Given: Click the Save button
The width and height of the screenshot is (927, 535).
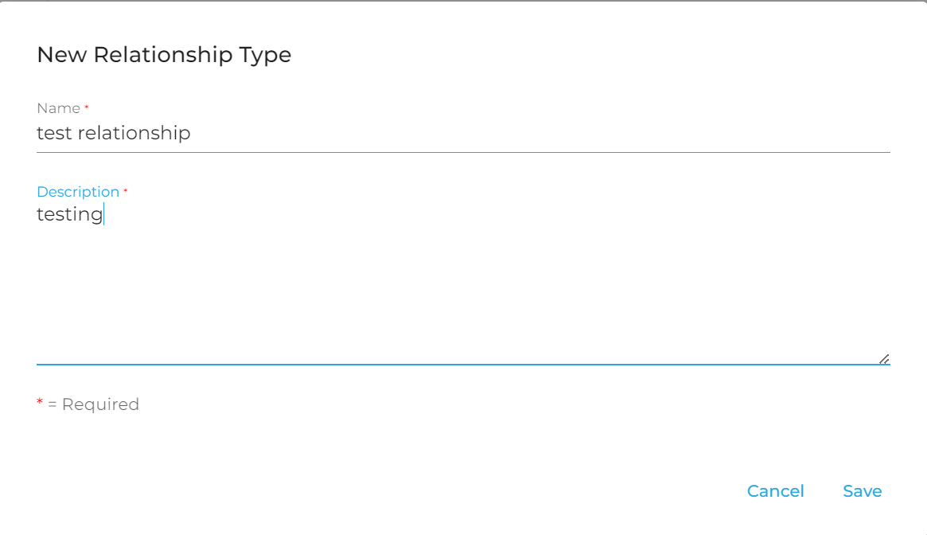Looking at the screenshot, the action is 862,491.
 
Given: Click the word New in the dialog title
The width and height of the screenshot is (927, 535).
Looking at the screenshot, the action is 62,55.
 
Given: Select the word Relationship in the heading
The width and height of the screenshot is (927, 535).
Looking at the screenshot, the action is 163,55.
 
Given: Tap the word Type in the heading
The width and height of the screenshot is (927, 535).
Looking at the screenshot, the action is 266,56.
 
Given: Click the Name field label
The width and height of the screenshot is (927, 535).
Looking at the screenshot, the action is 59,108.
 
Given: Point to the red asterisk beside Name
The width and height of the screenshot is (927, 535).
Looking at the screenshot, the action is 86,107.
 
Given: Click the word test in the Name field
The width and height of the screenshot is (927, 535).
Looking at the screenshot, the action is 54,133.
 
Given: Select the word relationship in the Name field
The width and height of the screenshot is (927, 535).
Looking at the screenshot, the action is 134,133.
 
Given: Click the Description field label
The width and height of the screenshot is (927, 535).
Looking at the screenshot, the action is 78,192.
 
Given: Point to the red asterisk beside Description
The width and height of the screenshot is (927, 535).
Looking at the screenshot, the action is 126,190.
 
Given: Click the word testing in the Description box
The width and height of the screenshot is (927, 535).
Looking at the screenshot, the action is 70,214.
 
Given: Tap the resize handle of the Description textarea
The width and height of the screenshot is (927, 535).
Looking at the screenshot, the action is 885,359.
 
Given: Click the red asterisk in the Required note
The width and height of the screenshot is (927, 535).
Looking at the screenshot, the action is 40,402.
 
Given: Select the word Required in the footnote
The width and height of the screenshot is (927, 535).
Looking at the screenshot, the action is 100,404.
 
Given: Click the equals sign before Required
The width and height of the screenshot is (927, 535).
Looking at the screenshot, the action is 52,405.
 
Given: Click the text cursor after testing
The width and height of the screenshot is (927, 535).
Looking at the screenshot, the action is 104,214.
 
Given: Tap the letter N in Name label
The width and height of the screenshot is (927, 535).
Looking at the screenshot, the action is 41,108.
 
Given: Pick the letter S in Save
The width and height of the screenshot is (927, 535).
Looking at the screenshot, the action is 848,491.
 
